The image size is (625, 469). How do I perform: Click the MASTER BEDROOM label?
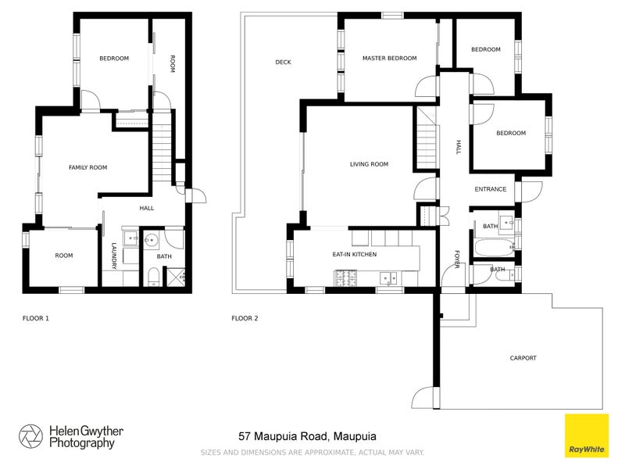(389, 58)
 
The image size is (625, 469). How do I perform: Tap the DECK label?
(283, 62)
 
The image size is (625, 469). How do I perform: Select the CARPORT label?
(523, 358)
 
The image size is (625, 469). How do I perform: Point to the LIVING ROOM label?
(369, 164)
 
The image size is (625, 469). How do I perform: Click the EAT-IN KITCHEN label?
(355, 255)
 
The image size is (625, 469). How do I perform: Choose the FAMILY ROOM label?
(87, 167)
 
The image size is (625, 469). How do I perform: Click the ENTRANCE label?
(491, 189)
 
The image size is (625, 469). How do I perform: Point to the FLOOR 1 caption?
(35, 318)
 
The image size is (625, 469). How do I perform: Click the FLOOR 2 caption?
(245, 318)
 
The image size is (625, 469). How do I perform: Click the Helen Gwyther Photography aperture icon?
(31, 436)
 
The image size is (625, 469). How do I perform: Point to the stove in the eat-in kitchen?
(345, 277)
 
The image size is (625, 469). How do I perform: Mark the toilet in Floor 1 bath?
(152, 276)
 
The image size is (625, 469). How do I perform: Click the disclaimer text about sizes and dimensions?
(312, 453)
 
